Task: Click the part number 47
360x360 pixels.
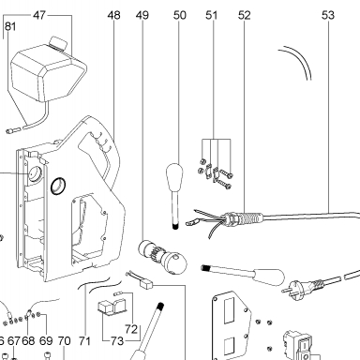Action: (x=39, y=15)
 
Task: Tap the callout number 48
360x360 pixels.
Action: (x=113, y=15)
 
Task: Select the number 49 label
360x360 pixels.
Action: (x=142, y=15)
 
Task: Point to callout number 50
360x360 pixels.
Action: (x=180, y=15)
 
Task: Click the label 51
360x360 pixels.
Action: (x=211, y=15)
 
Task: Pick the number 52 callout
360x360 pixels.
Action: (x=244, y=15)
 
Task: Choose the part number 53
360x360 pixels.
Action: (x=328, y=15)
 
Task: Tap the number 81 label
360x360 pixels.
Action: (x=10, y=26)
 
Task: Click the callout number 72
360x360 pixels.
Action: (x=131, y=329)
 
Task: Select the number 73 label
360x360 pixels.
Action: (x=117, y=341)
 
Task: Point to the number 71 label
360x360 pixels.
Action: (x=84, y=341)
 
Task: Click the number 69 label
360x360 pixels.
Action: (x=46, y=341)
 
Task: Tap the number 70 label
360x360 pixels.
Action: (x=64, y=341)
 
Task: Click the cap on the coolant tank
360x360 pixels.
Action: (x=58, y=42)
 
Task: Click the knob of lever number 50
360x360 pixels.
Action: (x=174, y=176)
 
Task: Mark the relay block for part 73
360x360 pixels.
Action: (x=112, y=307)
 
